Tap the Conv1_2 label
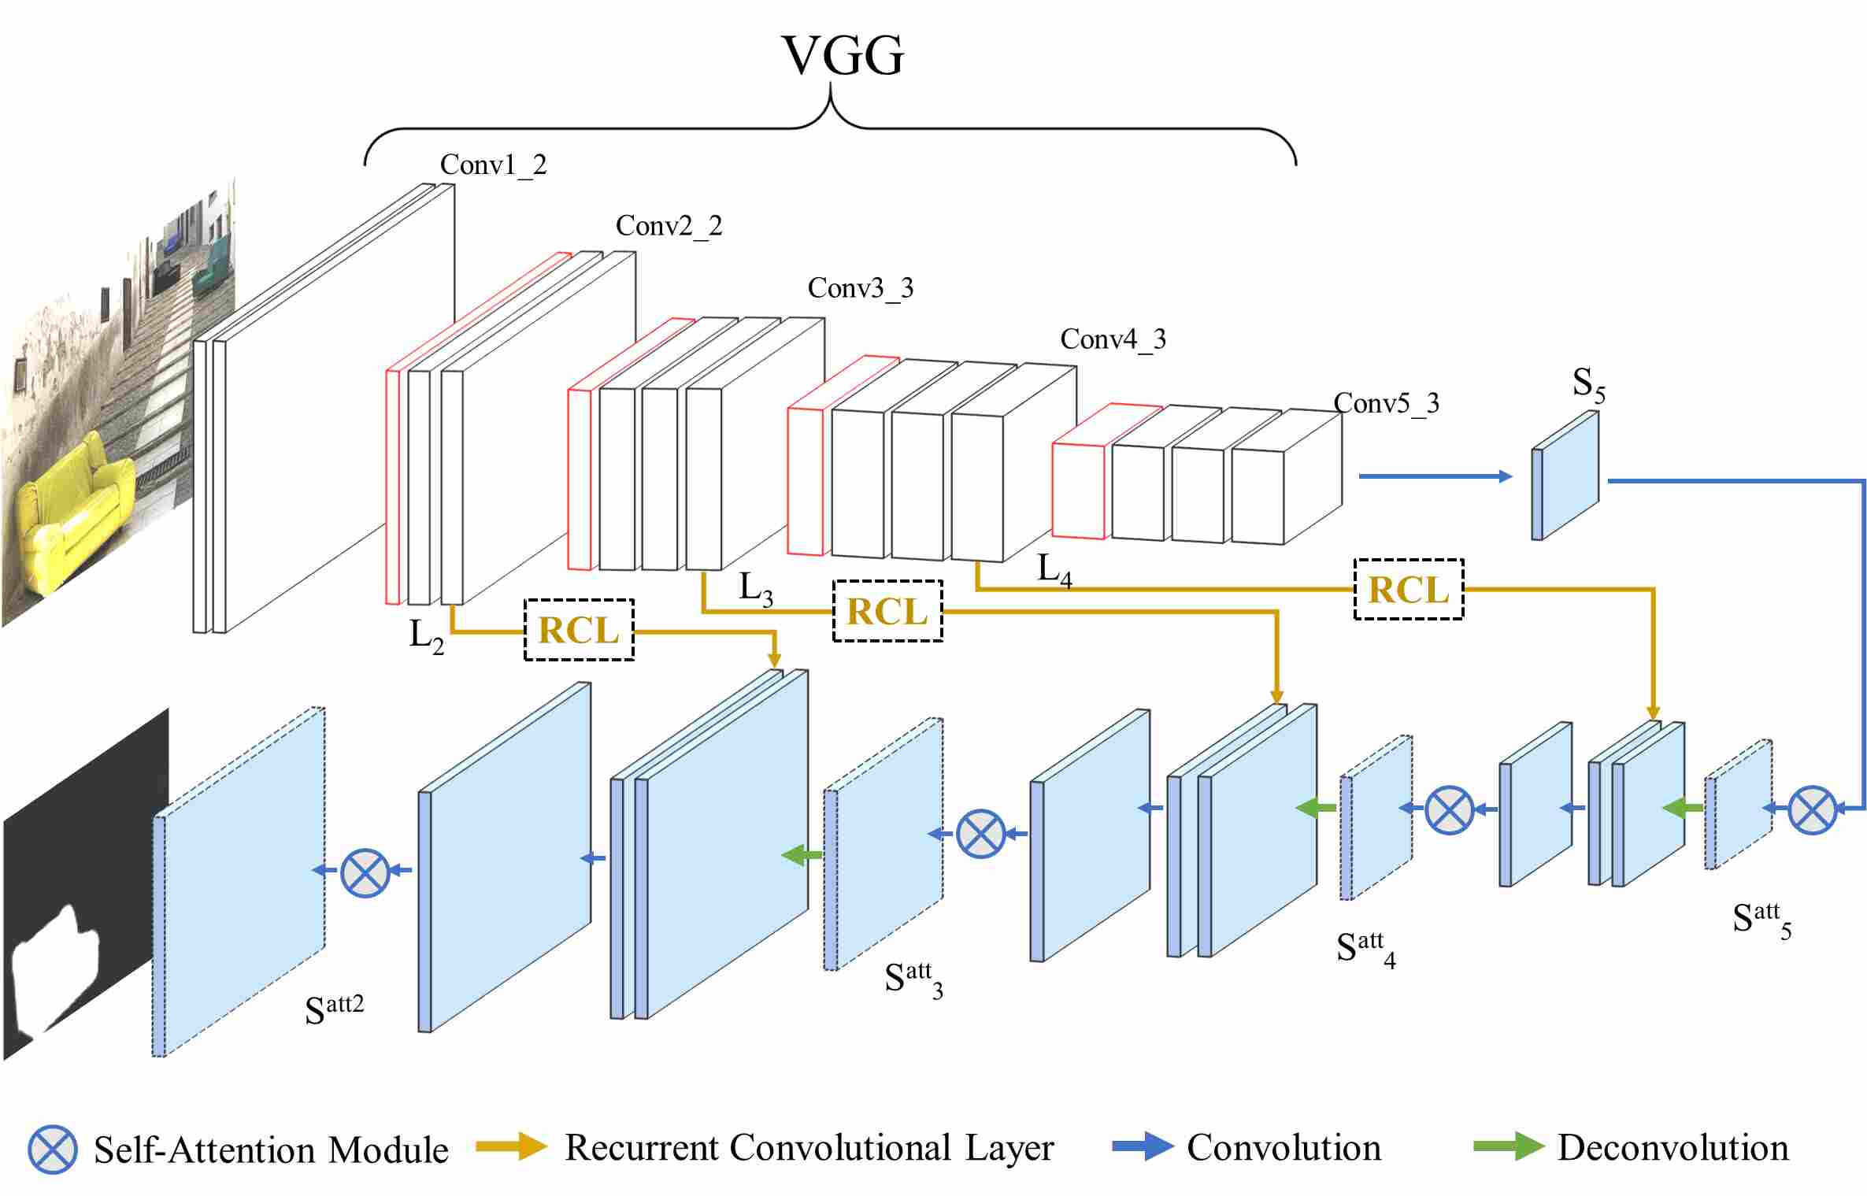click(x=493, y=165)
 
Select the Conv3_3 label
click(x=861, y=288)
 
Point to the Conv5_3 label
click(x=1386, y=403)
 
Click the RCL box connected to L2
click(x=579, y=630)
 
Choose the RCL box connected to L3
click(x=887, y=611)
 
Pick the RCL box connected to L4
click(x=1408, y=590)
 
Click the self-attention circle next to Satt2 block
click(x=365, y=872)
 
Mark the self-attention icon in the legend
click(x=52, y=1150)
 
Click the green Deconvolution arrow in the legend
click(x=1508, y=1146)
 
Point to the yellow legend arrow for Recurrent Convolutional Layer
click(x=511, y=1146)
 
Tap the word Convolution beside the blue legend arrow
click(x=1284, y=1148)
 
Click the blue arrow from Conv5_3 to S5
click(x=1435, y=476)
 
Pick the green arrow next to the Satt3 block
click(x=802, y=855)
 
